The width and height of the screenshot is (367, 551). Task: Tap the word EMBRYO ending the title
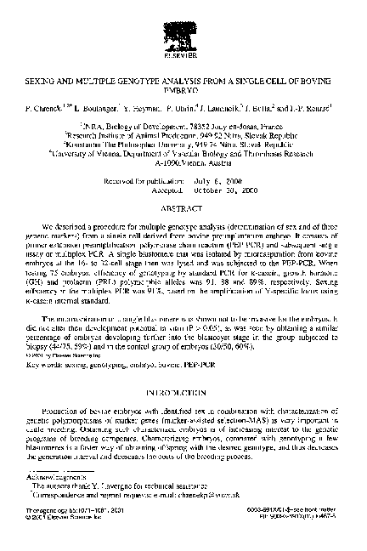(183, 85)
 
